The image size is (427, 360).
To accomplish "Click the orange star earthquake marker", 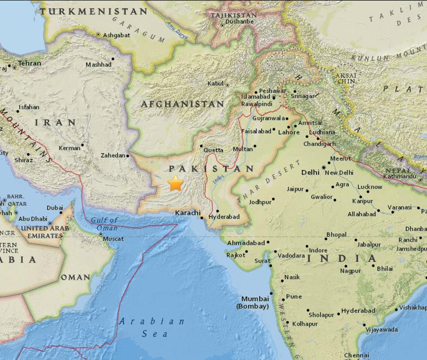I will [176, 183].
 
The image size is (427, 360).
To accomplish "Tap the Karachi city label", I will [187, 213].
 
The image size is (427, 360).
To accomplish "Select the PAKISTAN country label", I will [211, 168].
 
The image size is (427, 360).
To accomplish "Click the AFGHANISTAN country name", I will [182, 104].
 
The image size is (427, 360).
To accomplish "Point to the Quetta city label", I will [213, 150].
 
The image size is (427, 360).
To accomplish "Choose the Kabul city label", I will [215, 83].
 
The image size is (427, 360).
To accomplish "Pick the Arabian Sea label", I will [151, 327].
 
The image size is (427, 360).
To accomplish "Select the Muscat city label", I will [113, 238].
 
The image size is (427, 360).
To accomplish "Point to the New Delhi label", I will [339, 173].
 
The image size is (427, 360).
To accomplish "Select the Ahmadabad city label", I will [245, 242].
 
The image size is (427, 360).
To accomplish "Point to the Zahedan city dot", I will [128, 156].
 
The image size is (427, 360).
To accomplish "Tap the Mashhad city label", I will [98, 64].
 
